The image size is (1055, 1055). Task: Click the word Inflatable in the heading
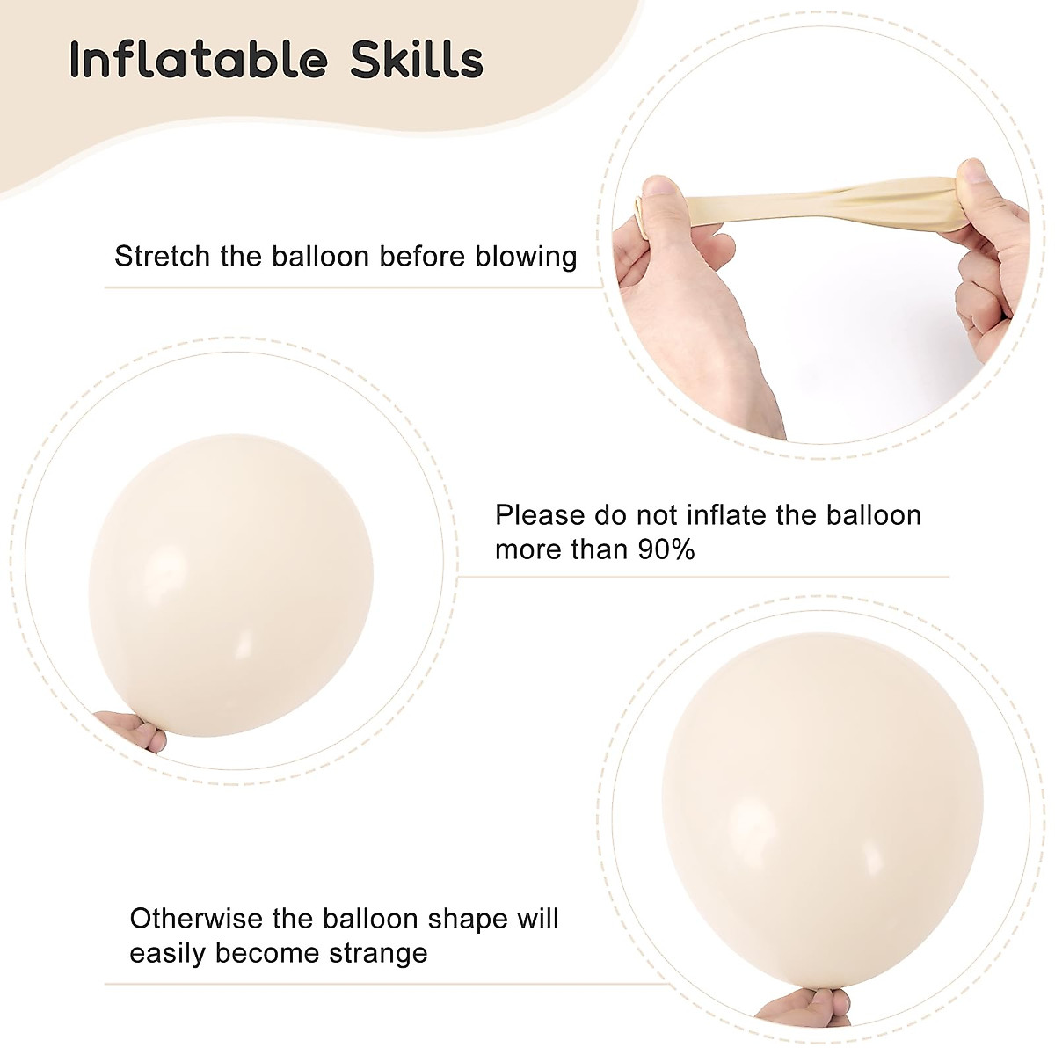(x=199, y=61)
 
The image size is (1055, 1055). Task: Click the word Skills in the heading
(x=417, y=61)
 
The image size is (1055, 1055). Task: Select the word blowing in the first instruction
(x=526, y=257)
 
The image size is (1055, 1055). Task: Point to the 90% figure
(x=661, y=550)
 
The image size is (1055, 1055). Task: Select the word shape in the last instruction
(x=469, y=920)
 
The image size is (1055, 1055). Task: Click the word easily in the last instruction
(x=167, y=953)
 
